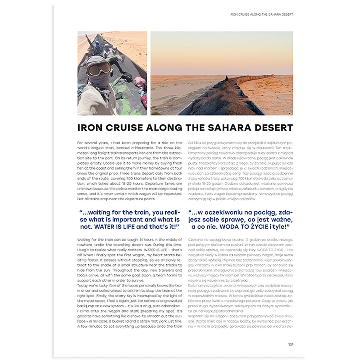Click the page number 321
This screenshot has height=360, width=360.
290,344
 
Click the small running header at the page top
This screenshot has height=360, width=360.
261,14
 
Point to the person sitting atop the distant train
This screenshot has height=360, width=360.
226,78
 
